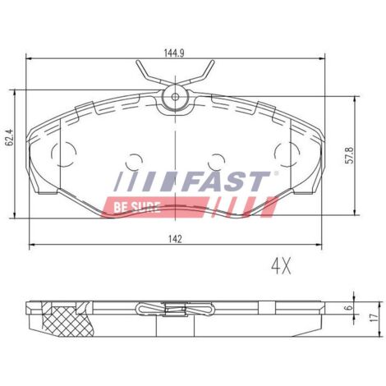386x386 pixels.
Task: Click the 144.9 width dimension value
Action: point(174,53)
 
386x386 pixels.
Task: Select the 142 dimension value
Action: point(175,239)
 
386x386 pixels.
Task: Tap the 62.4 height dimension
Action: point(11,138)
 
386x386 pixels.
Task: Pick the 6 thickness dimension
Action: point(348,308)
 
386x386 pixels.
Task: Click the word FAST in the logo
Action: point(226,181)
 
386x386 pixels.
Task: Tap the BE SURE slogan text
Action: point(137,207)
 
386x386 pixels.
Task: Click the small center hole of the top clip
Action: point(175,96)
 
